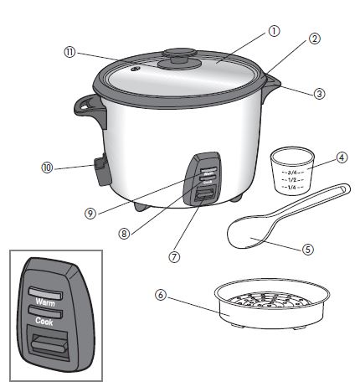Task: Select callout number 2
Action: click(315, 39)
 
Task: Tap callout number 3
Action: click(320, 94)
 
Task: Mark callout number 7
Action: click(173, 256)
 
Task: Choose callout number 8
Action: click(125, 234)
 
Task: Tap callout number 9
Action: click(90, 213)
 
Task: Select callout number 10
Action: click(47, 167)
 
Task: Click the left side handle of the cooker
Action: click(86, 106)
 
